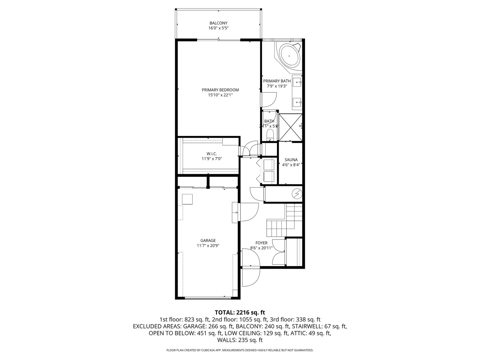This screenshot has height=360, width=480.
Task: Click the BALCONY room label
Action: pyautogui.click(x=218, y=23)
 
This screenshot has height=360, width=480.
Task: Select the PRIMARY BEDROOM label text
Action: pyautogui.click(x=220, y=90)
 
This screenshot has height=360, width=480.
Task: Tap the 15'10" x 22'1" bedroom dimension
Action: pyautogui.click(x=220, y=95)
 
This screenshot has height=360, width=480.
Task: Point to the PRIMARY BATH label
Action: pyautogui.click(x=277, y=81)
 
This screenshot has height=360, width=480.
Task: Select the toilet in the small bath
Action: pyautogui.click(x=270, y=134)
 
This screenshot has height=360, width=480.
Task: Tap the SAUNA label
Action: pyautogui.click(x=291, y=160)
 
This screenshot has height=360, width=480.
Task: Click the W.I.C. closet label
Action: pyautogui.click(x=212, y=154)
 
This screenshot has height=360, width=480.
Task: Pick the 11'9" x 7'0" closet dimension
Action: pyautogui.click(x=212, y=159)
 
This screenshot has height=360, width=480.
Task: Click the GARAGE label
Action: pyautogui.click(x=208, y=241)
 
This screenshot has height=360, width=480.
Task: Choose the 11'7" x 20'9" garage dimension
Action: pyautogui.click(x=208, y=246)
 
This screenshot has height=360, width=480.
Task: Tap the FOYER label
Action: pyautogui.click(x=261, y=243)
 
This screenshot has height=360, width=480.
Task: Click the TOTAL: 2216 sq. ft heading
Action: pyautogui.click(x=240, y=312)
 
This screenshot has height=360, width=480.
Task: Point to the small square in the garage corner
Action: pyautogui.click(x=187, y=199)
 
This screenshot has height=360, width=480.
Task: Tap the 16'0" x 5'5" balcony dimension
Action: pyautogui.click(x=218, y=28)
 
